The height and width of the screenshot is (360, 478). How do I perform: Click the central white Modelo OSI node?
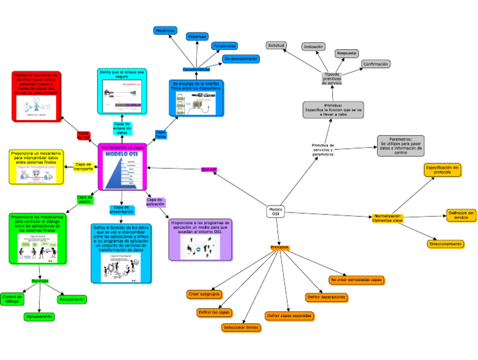(x=276, y=212)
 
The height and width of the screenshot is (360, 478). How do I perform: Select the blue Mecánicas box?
(x=165, y=30)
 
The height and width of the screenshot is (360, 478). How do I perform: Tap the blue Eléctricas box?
(x=197, y=37)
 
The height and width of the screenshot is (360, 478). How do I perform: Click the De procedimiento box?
(x=240, y=59)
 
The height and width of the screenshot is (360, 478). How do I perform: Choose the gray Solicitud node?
(x=276, y=45)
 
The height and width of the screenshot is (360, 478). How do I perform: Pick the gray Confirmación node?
(x=376, y=64)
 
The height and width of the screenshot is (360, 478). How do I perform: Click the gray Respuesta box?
(x=347, y=54)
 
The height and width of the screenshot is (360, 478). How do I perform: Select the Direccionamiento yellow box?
(x=445, y=244)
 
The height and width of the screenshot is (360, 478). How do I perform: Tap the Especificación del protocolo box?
(x=443, y=170)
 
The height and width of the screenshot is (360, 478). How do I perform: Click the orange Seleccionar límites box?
(x=240, y=328)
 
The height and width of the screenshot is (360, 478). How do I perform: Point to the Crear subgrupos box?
(x=204, y=294)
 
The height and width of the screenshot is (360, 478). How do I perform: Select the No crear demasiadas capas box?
(x=357, y=280)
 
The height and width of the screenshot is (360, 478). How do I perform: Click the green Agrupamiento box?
(x=39, y=316)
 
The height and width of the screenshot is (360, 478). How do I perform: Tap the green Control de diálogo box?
(x=12, y=298)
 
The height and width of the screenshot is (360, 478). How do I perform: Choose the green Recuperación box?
(x=72, y=300)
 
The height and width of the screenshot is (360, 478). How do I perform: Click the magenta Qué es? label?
(x=208, y=169)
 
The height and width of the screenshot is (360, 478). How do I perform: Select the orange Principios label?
(x=279, y=248)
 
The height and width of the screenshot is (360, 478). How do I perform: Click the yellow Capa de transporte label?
(x=83, y=167)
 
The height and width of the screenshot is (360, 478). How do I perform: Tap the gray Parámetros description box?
(x=400, y=146)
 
